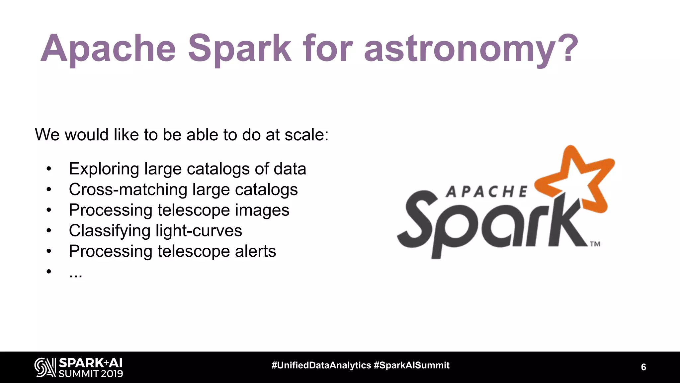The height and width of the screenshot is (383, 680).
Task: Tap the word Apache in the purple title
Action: pos(108,49)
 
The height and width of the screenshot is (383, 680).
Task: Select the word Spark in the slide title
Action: pos(239,49)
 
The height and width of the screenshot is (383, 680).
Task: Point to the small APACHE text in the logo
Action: pos(486,192)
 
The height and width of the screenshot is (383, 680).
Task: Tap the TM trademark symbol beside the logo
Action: pos(595,244)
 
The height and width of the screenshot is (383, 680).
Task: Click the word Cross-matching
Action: pos(128,190)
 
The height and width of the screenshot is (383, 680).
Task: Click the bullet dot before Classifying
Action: pos(49,231)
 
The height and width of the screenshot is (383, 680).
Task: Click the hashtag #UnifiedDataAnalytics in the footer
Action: pos(321,365)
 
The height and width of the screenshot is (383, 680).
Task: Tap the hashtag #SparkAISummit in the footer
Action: pos(411,365)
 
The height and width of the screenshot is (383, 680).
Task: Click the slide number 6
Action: pos(643,367)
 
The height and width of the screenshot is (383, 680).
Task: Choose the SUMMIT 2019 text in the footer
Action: pos(91,374)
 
